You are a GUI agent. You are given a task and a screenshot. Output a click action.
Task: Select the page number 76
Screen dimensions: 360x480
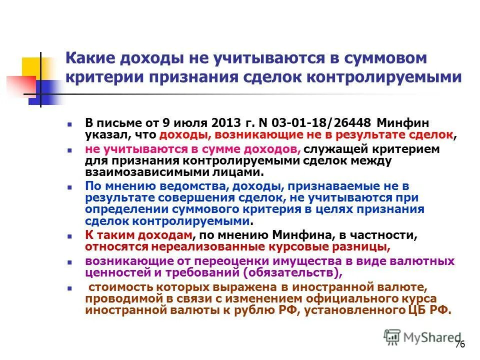(x=460, y=345)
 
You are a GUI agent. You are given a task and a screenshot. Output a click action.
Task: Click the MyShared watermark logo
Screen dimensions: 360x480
(x=422, y=337)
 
